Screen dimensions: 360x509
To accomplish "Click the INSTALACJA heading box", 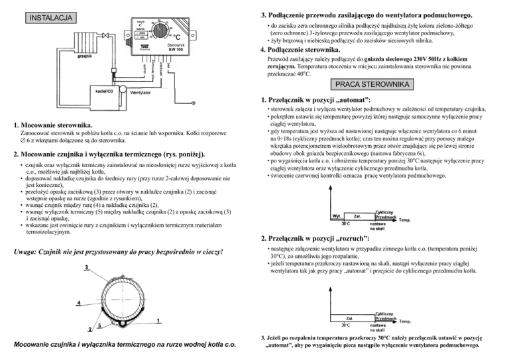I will pos(46,17).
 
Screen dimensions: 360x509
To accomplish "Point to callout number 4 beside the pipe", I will pos(78,303).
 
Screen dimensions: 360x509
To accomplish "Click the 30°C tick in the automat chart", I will pos(346,224).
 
